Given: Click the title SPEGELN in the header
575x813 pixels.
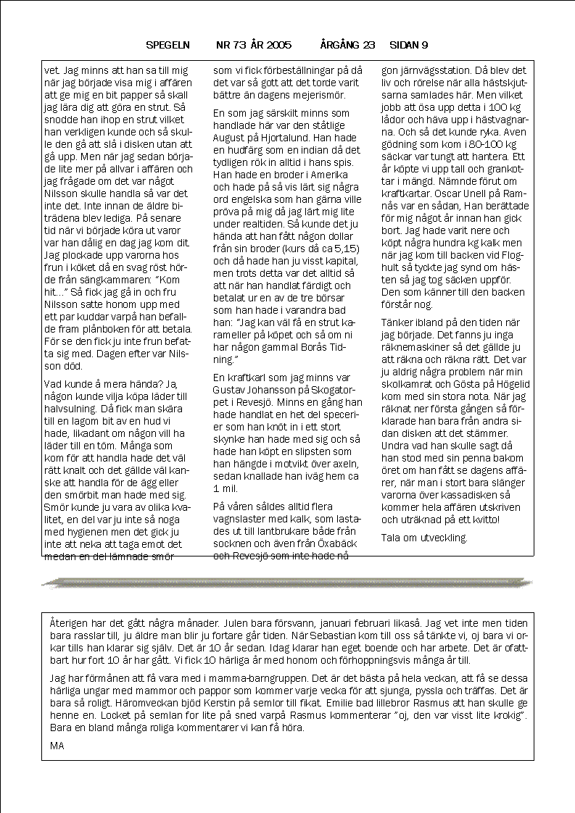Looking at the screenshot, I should click(167, 45).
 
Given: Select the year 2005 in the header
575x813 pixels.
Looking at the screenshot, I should click(278, 45).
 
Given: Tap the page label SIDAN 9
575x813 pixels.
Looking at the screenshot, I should click(408, 45).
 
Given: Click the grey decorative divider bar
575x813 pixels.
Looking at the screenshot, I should click(287, 582).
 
